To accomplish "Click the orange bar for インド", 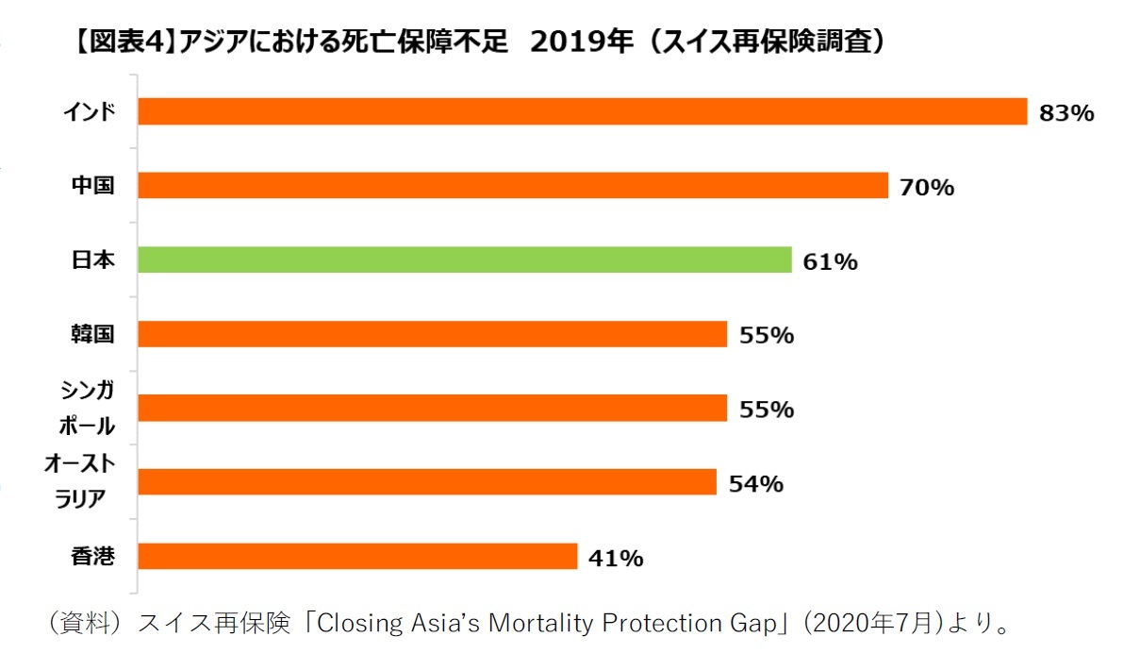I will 582,111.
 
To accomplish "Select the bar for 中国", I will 513,186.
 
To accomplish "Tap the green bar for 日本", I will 464,260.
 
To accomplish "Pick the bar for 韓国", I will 432,334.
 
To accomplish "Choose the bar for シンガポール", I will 432,408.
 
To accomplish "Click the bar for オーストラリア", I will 426,482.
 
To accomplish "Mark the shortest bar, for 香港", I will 357,557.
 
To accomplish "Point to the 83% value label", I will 1066,113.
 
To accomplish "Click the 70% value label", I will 927,188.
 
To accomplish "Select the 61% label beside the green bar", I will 830,262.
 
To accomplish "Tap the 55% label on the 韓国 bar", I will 766,335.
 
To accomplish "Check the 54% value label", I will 755,484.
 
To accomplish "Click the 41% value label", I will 616,559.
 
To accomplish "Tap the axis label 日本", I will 93,260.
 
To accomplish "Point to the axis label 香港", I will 93,557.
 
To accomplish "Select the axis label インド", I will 90,112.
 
